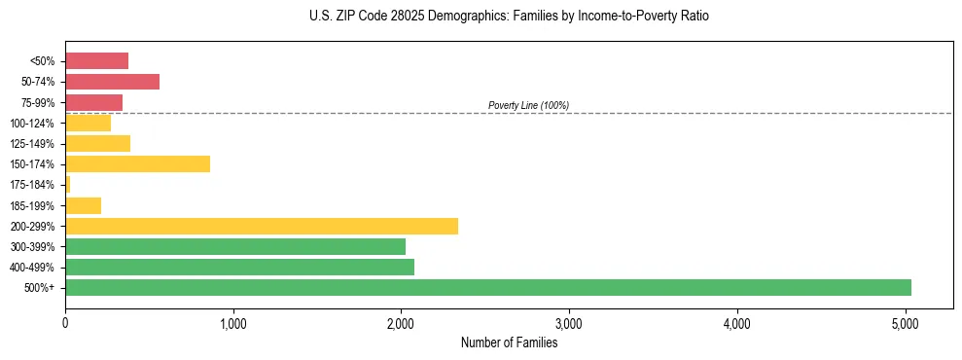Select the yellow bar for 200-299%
pyautogui.click(x=262, y=226)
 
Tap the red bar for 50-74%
pyautogui.click(x=112, y=82)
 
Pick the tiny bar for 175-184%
pyautogui.click(x=68, y=184)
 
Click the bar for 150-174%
pyautogui.click(x=137, y=163)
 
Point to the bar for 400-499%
pyautogui.click(x=239, y=267)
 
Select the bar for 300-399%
pyautogui.click(x=235, y=246)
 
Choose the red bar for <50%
pyautogui.click(x=96, y=61)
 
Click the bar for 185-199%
pyautogui.click(x=83, y=205)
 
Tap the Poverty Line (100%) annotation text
pyautogui.click(x=528, y=105)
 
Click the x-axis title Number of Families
pyautogui.click(x=509, y=342)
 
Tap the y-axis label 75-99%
pyautogui.click(x=38, y=102)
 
